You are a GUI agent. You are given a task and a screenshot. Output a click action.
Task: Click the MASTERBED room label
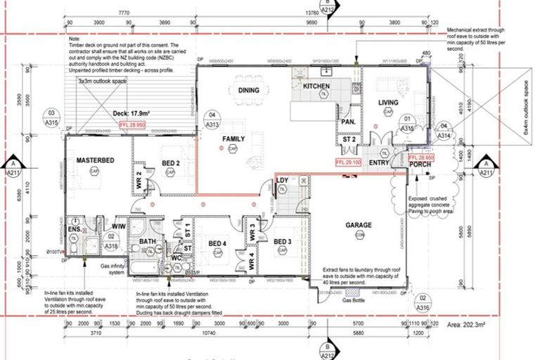96,160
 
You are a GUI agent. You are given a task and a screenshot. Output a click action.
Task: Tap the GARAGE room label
359,226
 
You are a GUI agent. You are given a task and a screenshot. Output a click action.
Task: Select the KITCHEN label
316,86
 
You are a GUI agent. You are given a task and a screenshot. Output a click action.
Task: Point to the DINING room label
248,90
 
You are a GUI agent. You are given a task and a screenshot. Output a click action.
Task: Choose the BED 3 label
283,243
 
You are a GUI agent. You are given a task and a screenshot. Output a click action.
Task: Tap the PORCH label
420,165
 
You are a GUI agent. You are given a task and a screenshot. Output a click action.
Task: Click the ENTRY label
379,163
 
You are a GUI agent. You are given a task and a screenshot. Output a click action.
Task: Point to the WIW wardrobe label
119,226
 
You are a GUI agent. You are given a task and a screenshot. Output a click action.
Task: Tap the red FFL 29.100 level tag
349,161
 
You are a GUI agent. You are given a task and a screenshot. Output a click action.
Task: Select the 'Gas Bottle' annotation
355,300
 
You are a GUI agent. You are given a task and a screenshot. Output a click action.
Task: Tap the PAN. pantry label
347,121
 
